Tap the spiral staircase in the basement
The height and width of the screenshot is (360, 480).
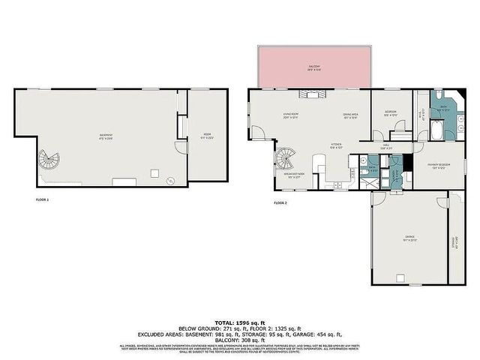[x=50, y=160]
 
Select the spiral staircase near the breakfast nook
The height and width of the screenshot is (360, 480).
[x=287, y=158]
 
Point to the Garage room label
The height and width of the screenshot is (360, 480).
[x=410, y=238]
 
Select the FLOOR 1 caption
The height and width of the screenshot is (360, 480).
[x=42, y=200]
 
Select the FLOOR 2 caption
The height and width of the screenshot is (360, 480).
[x=280, y=203]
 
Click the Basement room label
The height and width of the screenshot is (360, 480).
[x=106, y=136]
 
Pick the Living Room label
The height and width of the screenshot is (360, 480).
[x=290, y=115]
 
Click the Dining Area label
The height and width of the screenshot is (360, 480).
[x=351, y=115]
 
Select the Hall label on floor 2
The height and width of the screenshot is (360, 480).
[x=386, y=147]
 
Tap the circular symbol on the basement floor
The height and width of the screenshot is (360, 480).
[x=171, y=179]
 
